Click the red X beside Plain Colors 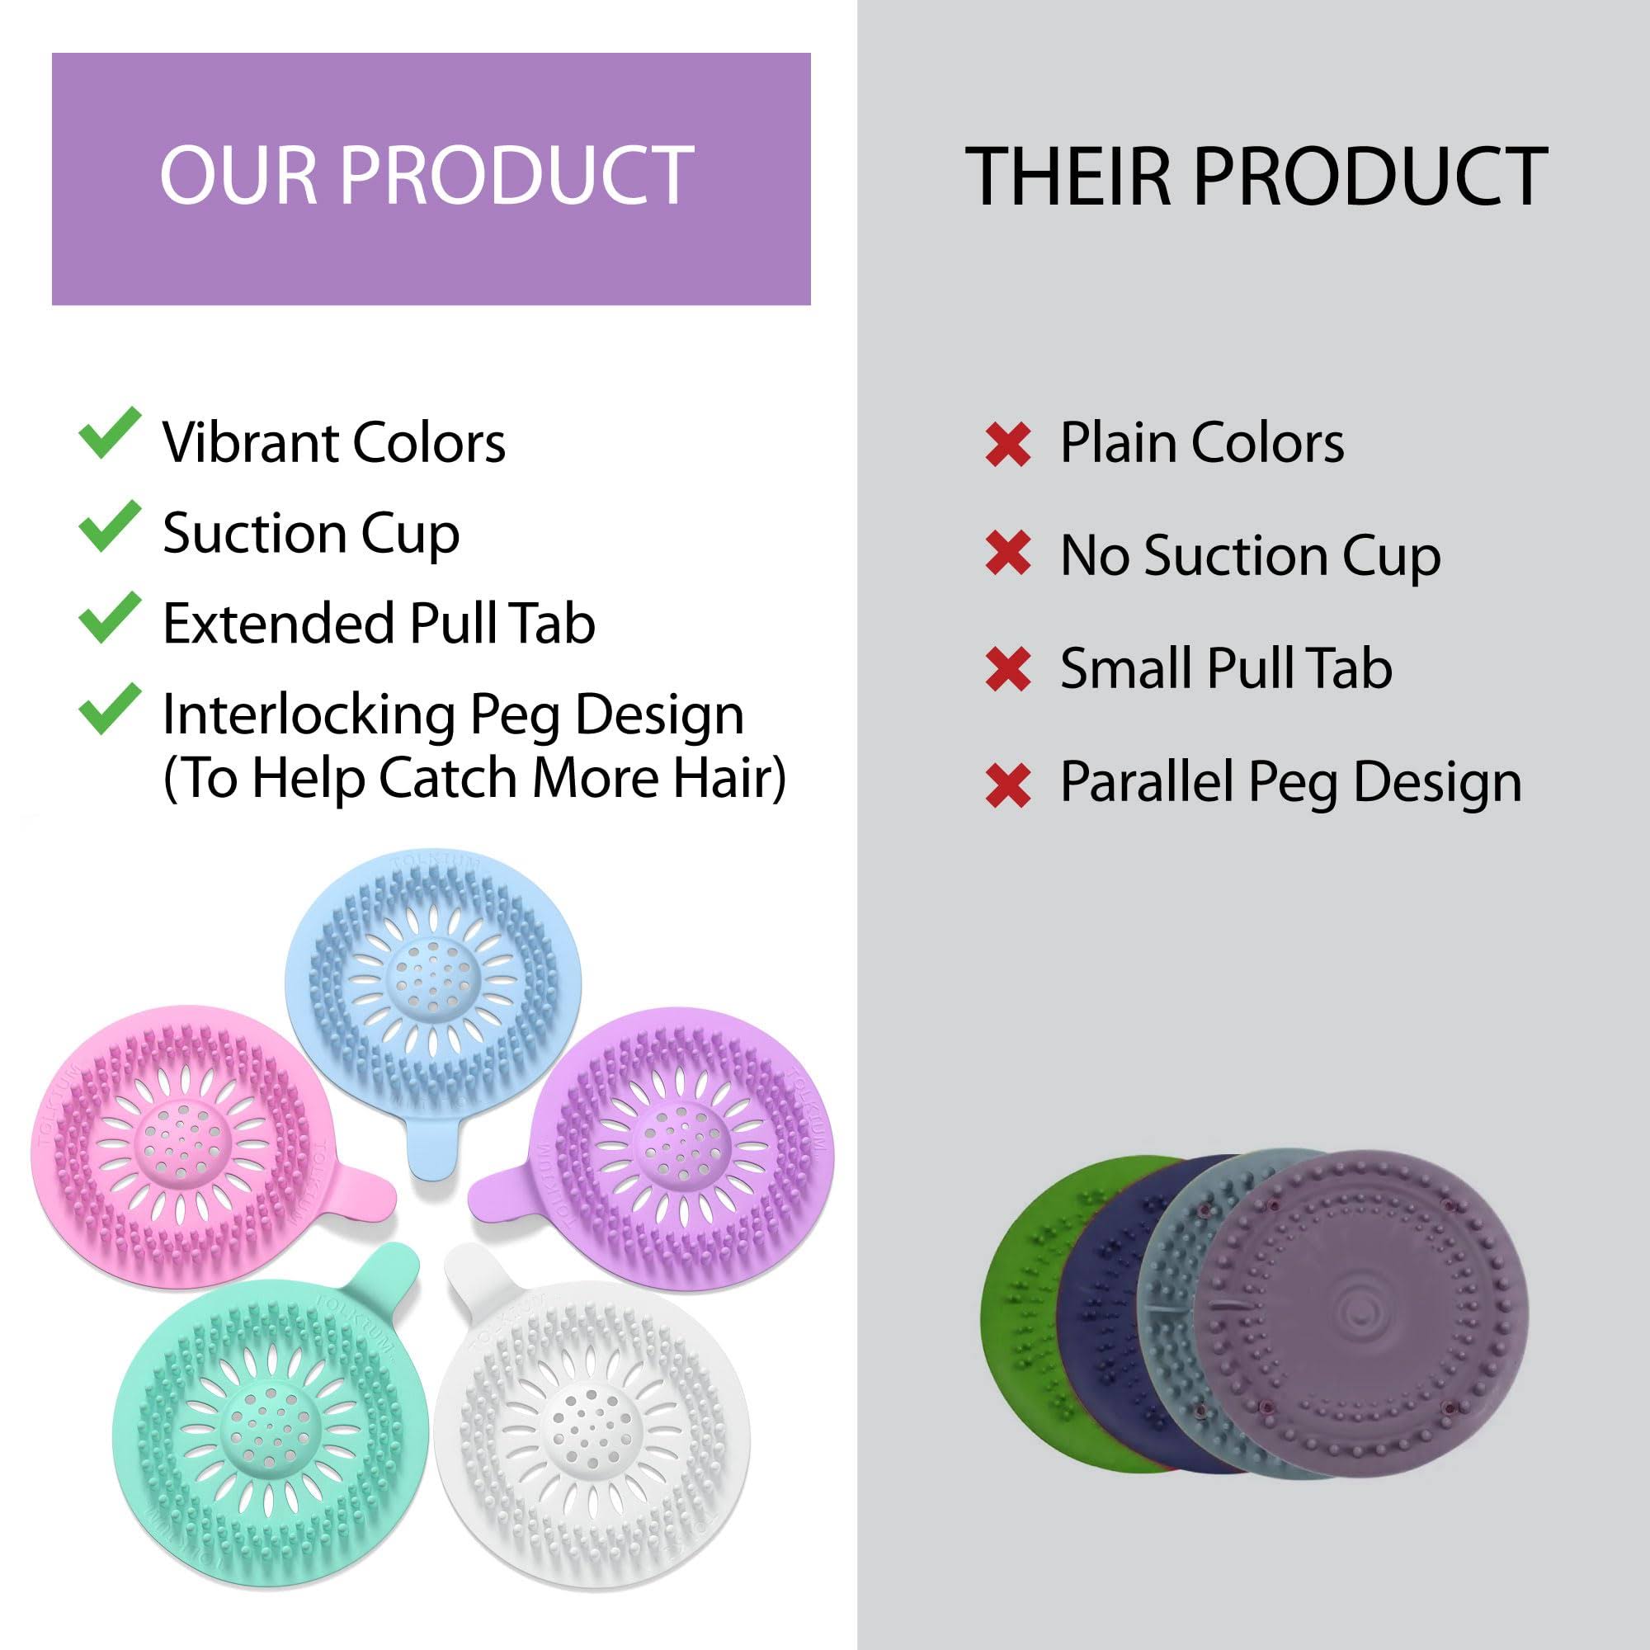coord(1008,445)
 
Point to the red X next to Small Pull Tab coord(1008,670)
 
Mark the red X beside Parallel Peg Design coord(1008,785)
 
